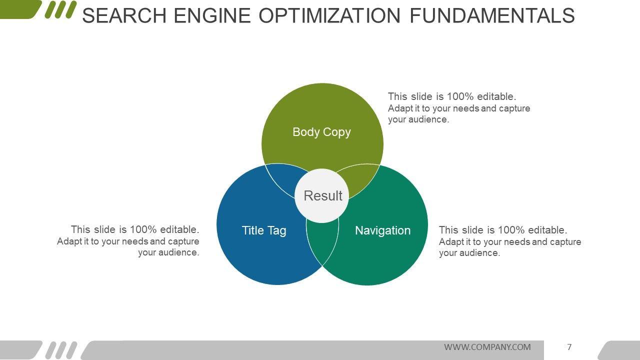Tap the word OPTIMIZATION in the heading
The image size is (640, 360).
click(x=330, y=16)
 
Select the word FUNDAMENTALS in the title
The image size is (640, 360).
click(x=492, y=16)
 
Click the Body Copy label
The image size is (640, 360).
click(x=321, y=132)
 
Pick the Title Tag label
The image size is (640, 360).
click(x=264, y=230)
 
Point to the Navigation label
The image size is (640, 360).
click(x=382, y=230)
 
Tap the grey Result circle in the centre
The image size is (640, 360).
click(x=322, y=195)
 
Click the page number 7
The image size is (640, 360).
click(x=569, y=347)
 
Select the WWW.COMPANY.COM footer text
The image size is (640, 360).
click(x=487, y=347)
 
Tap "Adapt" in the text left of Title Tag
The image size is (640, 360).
click(x=68, y=241)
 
